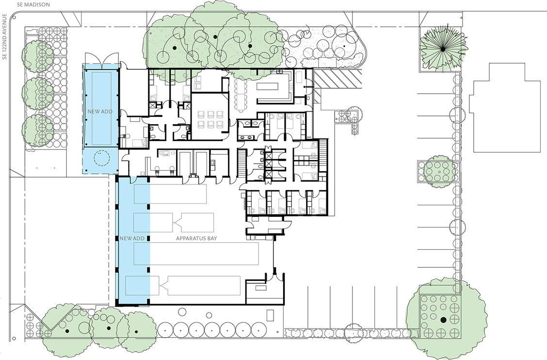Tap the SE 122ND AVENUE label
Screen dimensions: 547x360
(x=4, y=37)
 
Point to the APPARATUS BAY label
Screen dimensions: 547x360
(x=196, y=238)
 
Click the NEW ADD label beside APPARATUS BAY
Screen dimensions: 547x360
(x=132, y=238)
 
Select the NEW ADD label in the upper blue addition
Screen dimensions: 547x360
(x=100, y=112)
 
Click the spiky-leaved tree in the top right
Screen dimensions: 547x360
(x=443, y=49)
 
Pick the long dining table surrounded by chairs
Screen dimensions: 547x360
(x=241, y=95)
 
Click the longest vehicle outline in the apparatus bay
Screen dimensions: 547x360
(x=196, y=253)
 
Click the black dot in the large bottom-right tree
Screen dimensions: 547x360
(x=443, y=320)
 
